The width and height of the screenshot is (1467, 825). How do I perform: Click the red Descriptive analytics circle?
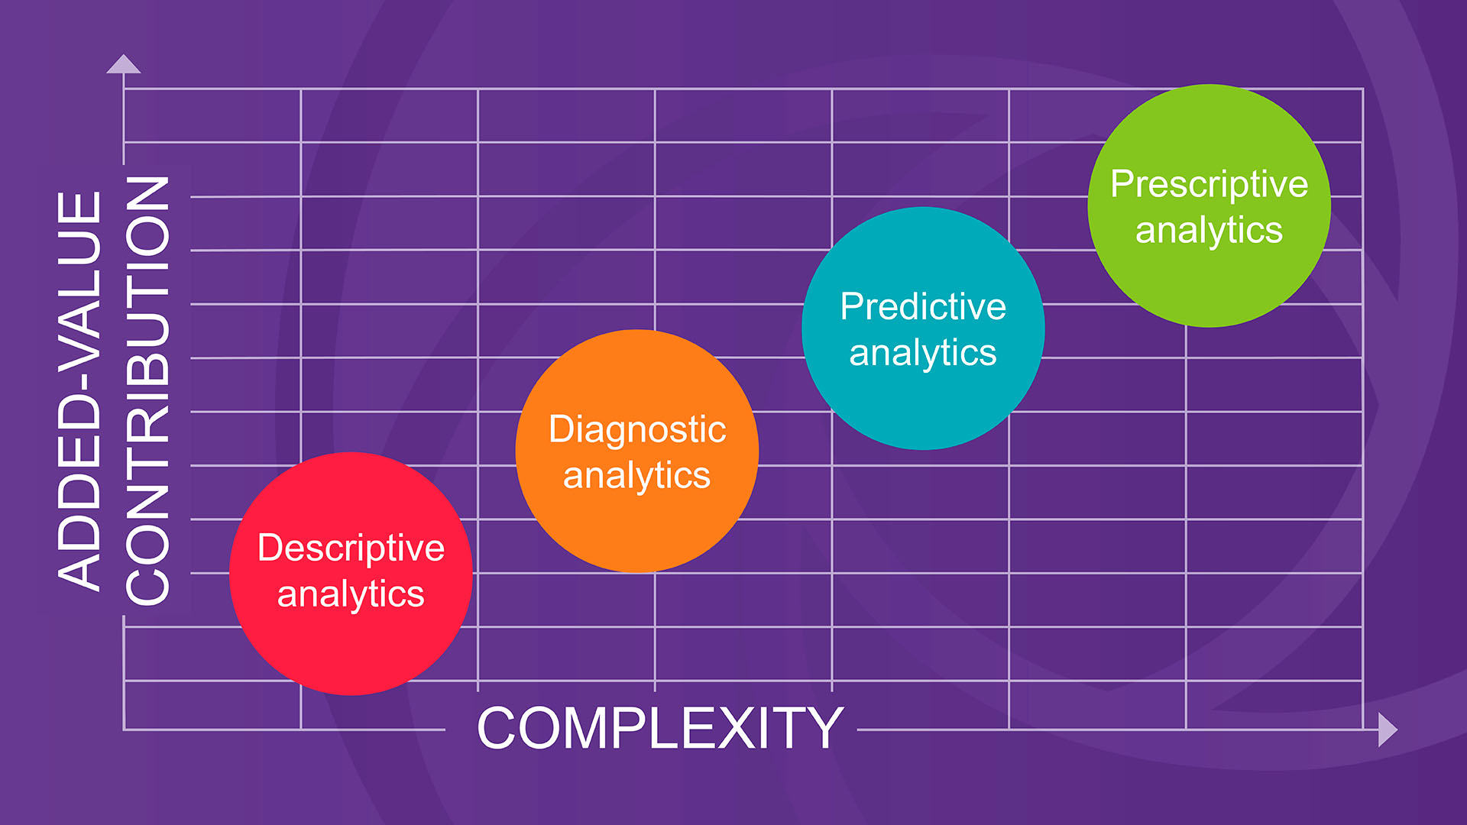pos(351,574)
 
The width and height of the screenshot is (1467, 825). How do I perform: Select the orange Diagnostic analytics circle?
pos(637,451)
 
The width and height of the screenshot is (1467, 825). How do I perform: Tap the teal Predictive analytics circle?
pos(923,328)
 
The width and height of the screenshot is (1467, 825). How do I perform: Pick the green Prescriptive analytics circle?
pos(1210,205)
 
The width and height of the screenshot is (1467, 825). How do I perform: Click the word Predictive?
pos(923,307)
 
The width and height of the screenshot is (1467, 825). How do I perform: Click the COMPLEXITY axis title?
pos(660,728)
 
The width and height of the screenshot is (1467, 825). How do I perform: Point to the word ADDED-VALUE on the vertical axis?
pos(79,390)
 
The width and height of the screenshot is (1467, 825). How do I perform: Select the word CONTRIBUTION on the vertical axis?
pos(147,390)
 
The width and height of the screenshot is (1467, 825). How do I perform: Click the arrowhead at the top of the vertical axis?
pos(124,64)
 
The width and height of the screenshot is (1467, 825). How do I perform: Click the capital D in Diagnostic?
pos(562,429)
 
